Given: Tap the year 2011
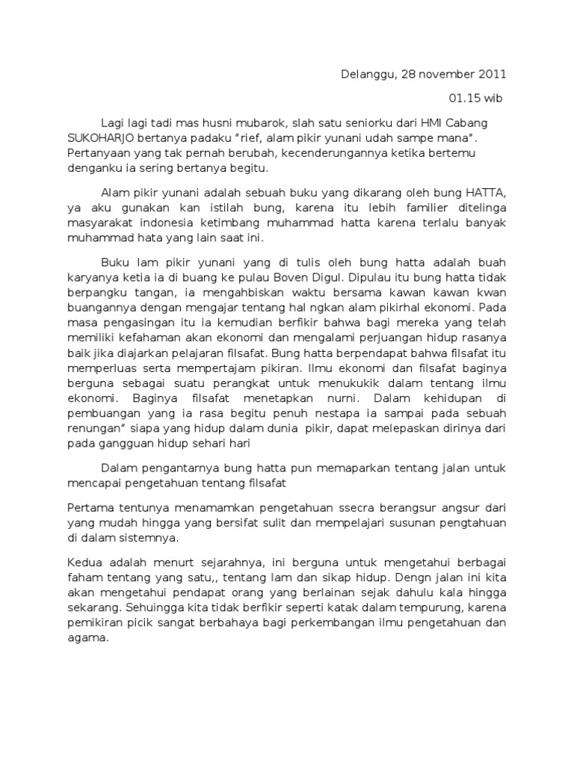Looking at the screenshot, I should point(490,74).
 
